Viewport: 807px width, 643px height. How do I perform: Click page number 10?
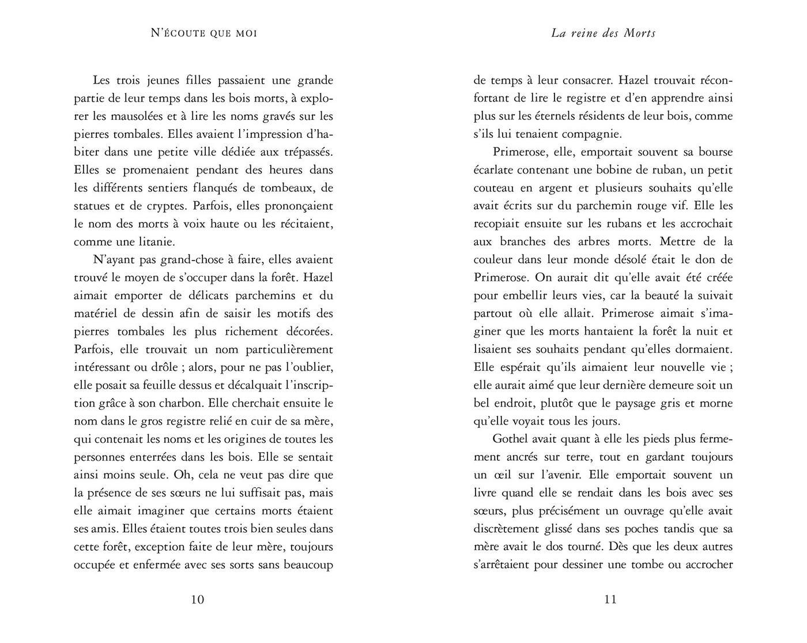[197, 599]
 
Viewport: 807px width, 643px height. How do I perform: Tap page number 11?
[610, 599]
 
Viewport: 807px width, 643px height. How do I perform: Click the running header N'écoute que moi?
[203, 33]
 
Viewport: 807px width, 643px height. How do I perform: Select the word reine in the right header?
[586, 33]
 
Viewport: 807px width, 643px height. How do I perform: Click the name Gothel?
[511, 439]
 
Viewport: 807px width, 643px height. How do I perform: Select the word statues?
[93, 206]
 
